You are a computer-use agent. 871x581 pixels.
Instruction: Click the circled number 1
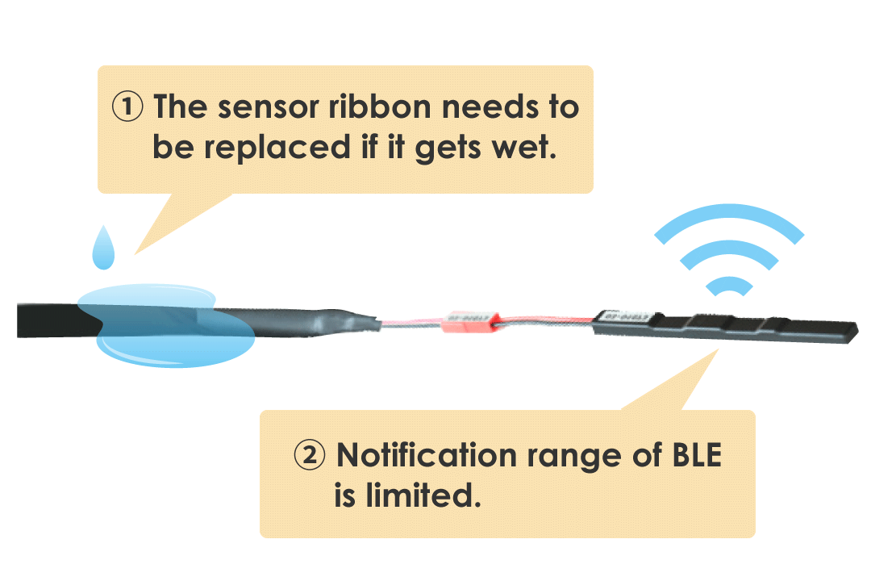(127, 107)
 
